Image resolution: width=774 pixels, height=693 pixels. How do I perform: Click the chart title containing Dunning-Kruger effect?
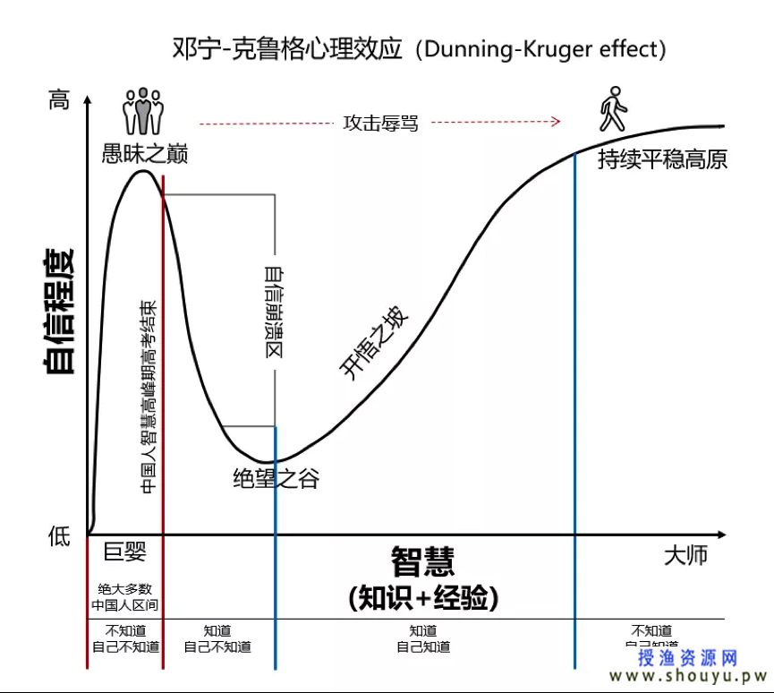point(419,48)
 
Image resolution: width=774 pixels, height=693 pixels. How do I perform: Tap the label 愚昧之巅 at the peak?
point(145,154)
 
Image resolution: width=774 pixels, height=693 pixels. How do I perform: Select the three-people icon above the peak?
point(143,112)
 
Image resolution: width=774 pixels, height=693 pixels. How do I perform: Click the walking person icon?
point(613,109)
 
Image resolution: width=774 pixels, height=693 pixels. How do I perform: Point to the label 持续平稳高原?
point(662,159)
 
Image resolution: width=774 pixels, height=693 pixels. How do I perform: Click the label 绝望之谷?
point(275,479)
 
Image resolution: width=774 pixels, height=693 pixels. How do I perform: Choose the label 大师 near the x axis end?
point(685,554)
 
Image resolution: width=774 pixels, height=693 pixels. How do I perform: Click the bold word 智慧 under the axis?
point(422,561)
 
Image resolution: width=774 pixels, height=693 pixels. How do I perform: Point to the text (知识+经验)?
point(422,597)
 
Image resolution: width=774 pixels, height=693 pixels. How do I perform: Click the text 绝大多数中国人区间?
point(124,597)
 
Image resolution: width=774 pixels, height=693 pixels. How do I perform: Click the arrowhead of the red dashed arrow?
point(556,122)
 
